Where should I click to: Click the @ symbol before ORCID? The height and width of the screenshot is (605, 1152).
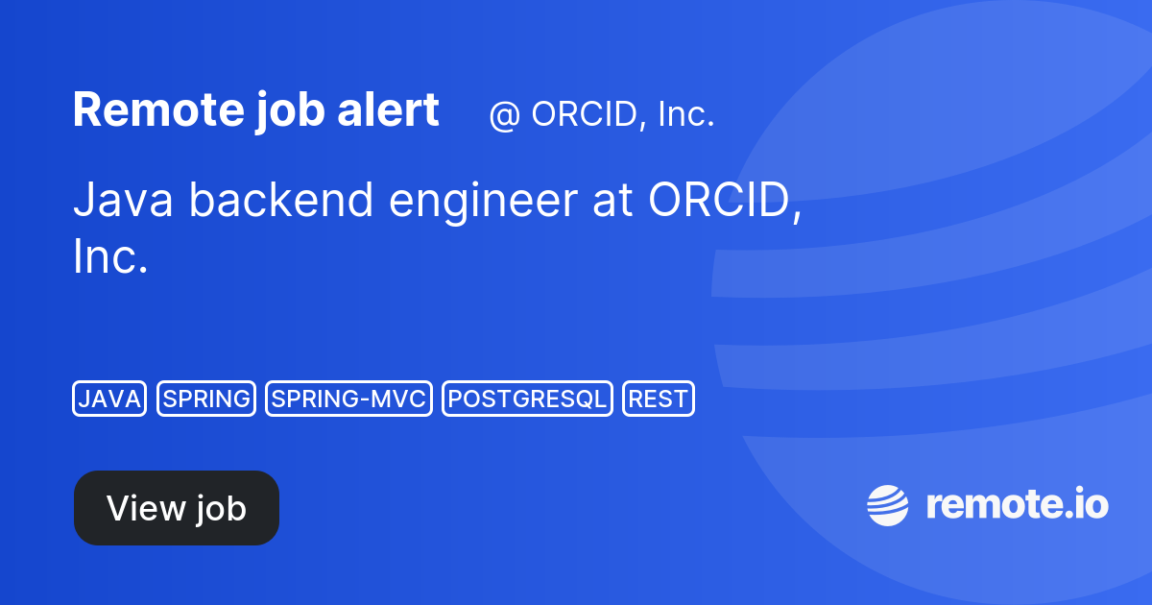[504, 115]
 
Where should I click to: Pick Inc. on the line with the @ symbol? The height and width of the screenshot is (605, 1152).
[685, 114]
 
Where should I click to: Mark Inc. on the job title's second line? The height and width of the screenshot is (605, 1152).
[110, 256]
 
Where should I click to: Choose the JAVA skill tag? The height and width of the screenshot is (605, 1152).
[109, 399]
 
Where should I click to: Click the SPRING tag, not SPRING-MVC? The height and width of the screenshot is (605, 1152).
[206, 399]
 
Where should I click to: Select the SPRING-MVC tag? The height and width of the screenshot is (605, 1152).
[348, 399]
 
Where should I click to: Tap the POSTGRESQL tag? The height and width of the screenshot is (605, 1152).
[527, 399]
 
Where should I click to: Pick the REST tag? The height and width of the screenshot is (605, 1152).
[659, 399]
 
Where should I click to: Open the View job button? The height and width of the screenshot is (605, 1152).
[177, 508]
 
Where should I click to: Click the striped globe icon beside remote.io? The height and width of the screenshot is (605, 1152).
[888, 506]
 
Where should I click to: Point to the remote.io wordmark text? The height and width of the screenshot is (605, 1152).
[1017, 505]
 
